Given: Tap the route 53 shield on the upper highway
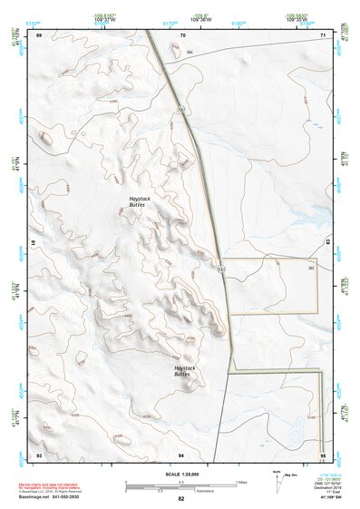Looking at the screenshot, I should [x=181, y=109].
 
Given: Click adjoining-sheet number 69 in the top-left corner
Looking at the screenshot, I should [x=39, y=34].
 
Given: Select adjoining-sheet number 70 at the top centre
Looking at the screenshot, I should [x=182, y=34].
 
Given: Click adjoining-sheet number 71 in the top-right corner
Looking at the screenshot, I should [x=324, y=34].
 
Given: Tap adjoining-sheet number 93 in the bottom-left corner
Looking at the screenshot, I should [x=39, y=454].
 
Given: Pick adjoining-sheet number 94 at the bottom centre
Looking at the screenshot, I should [x=181, y=454].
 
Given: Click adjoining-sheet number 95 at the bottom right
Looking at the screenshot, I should [x=323, y=454].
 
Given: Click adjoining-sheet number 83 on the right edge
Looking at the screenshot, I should [x=327, y=244].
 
